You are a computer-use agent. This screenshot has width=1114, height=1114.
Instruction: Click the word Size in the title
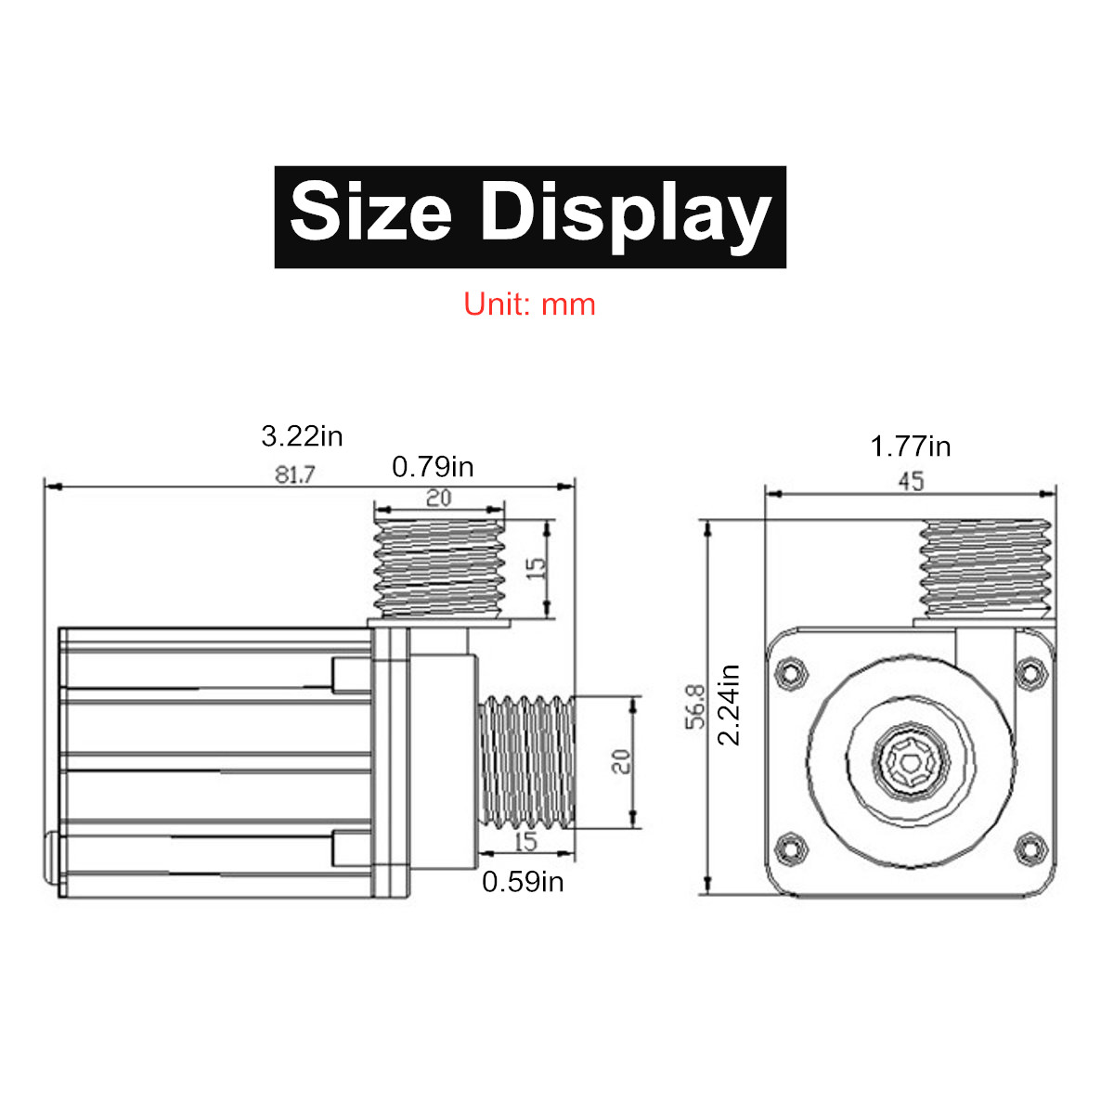pyautogui.click(x=370, y=213)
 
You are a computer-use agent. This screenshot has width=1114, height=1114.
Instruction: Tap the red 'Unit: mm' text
pyautogui.click(x=530, y=304)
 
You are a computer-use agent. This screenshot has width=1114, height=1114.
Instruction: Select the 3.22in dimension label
pyautogui.click(x=302, y=435)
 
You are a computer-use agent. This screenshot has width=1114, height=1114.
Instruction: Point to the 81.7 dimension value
pyautogui.click(x=294, y=474)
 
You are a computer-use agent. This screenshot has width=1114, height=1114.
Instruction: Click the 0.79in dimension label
pyautogui.click(x=433, y=467)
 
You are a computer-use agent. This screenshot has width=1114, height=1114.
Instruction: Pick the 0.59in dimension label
pyautogui.click(x=523, y=881)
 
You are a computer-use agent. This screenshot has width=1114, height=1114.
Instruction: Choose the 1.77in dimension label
pyautogui.click(x=910, y=447)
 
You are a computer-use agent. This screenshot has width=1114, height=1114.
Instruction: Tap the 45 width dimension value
pyautogui.click(x=911, y=481)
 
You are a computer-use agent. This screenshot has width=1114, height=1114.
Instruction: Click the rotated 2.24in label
pyautogui.click(x=730, y=706)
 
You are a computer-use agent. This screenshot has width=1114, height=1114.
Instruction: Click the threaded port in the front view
pyautogui.click(x=985, y=568)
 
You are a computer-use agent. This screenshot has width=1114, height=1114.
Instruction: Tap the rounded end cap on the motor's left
pyautogui.click(x=47, y=860)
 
